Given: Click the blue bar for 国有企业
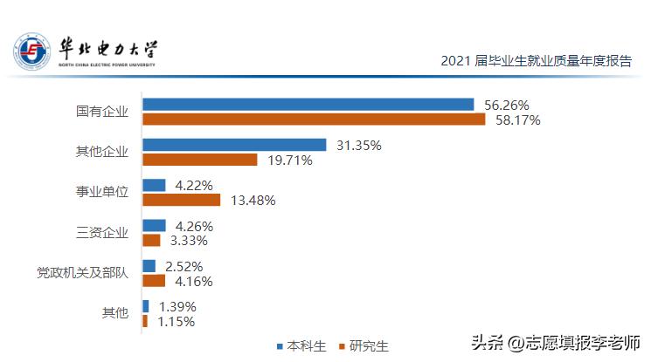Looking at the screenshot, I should tap(308, 105).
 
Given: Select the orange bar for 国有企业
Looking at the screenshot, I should tap(313, 120).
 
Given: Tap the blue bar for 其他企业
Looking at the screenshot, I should tap(234, 145).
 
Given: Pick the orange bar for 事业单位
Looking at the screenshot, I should tap(181, 200).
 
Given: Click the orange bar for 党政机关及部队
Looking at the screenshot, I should tap(154, 281).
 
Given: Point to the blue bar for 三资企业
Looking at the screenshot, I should tap(154, 225).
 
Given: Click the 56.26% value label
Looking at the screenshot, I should tap(507, 105).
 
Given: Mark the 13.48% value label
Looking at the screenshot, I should tap(253, 201).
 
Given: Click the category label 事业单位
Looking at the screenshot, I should tap(102, 192).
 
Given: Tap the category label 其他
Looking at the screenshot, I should tap(115, 313).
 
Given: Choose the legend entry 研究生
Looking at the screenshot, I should tap(364, 346).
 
